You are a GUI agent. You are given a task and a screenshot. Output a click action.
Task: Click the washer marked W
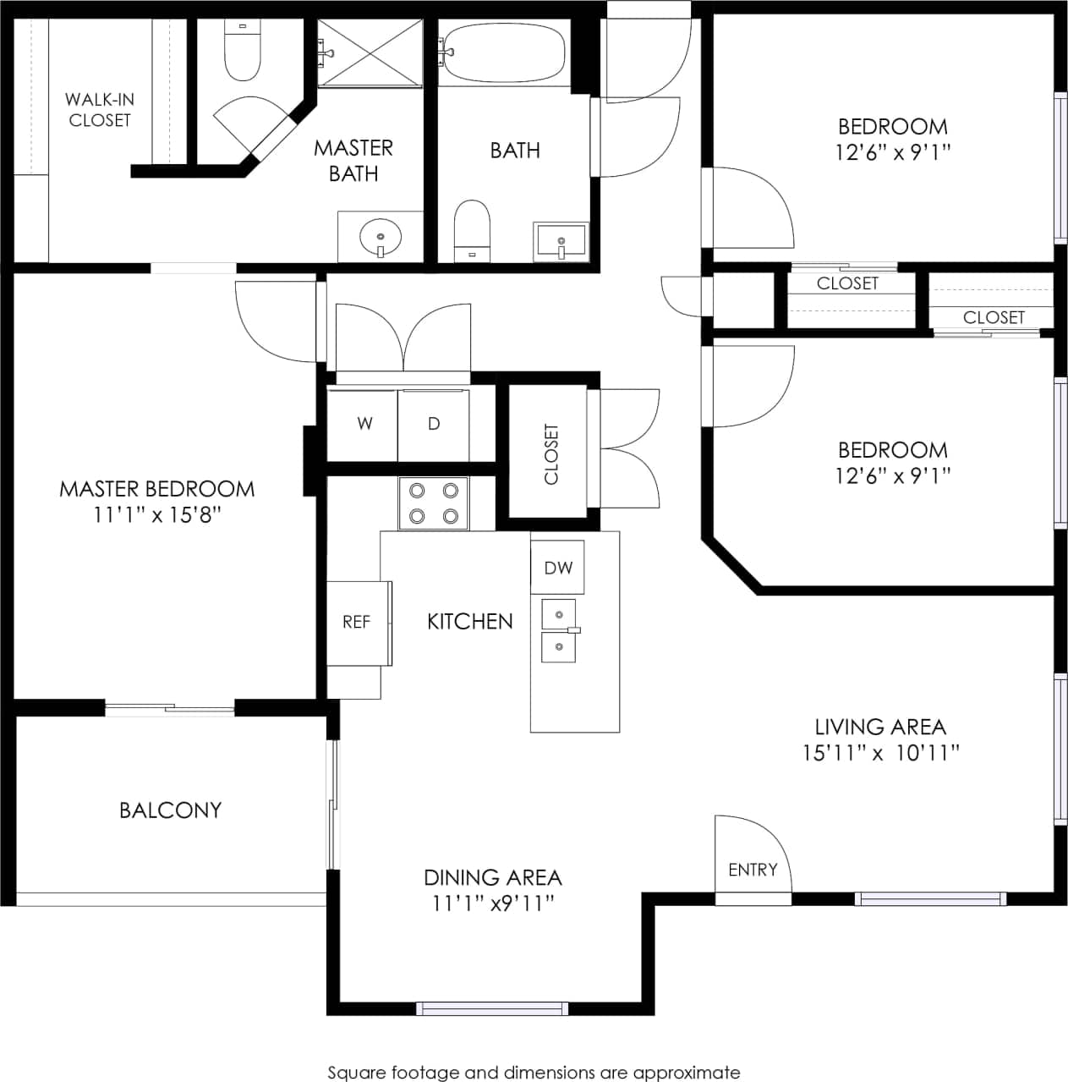pos(364,424)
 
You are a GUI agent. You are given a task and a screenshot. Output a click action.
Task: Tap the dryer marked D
pos(433,424)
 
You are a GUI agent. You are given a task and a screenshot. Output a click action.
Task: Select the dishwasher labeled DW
pos(558,568)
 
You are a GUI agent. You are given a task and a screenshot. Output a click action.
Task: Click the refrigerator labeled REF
pos(356,623)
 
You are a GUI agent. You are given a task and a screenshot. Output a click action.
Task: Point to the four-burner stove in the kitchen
pos(433,503)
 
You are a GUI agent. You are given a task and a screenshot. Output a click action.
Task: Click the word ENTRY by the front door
pos(753,870)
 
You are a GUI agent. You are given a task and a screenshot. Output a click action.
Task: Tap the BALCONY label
pos(170,810)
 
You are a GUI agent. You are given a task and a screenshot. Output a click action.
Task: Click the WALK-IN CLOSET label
pos(100,110)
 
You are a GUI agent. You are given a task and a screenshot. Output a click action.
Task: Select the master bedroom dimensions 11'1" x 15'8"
pos(157,515)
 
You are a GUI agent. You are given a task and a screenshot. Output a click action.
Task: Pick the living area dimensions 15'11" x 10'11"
pos(880,753)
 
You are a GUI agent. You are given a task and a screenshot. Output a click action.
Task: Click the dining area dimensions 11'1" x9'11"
pos(493,903)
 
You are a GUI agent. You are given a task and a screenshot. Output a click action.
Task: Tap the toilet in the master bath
pos(242,52)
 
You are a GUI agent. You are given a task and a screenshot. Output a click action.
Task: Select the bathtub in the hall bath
pos(504,52)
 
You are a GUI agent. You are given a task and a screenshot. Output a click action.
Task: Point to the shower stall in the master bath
pos(370,52)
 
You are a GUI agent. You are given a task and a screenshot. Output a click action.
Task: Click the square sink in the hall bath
pos(560,242)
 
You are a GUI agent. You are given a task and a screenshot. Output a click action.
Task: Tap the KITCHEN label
pos(470,622)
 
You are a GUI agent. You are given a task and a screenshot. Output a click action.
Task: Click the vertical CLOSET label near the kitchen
pos(551,454)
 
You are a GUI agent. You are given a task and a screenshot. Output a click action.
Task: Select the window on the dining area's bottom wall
pos(491,1008)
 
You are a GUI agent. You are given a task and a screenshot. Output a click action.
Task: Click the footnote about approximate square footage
pos(534,1073)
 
